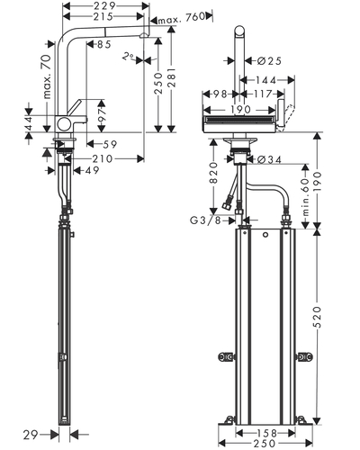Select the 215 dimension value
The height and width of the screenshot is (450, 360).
(x=103, y=16)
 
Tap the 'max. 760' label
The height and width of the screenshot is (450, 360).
(x=182, y=19)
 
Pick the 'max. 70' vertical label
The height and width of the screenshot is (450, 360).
(x=47, y=76)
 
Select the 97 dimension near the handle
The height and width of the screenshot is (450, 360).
(x=103, y=115)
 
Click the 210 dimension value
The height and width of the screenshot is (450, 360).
(x=103, y=158)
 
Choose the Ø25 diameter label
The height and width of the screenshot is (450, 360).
(x=270, y=61)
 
